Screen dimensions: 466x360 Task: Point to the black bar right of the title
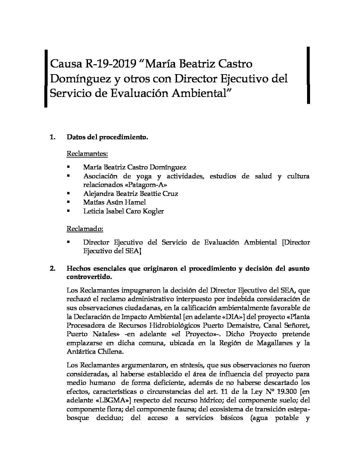point(308,75)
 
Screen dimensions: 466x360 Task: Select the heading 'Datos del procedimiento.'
point(107,137)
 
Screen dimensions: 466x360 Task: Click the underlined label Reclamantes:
point(87,154)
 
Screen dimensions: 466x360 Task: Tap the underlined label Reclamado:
point(85,229)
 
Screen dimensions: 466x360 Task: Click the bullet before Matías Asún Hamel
point(68,202)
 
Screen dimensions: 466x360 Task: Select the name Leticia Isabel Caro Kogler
point(123,211)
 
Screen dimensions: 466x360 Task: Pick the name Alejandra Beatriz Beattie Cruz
point(131,194)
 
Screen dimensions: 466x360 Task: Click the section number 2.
point(53,268)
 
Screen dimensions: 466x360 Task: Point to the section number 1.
point(52,137)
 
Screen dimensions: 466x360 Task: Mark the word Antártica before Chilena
point(84,351)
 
